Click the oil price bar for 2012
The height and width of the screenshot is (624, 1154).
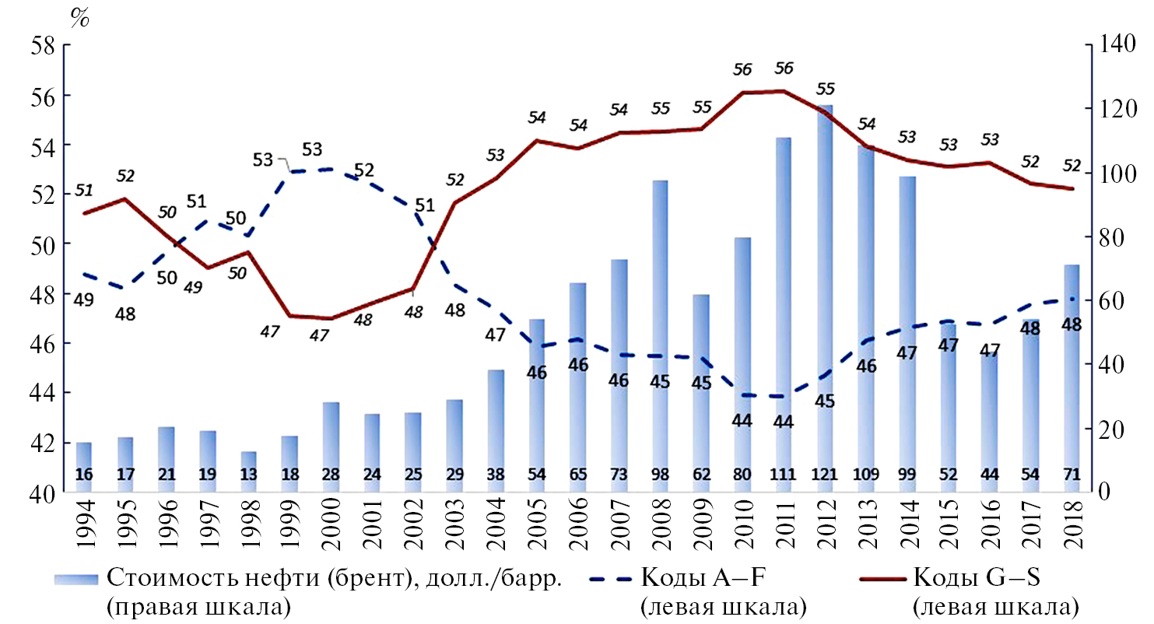click(x=825, y=296)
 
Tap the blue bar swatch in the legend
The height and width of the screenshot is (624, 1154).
click(x=75, y=579)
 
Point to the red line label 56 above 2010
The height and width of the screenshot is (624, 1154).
click(x=742, y=70)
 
